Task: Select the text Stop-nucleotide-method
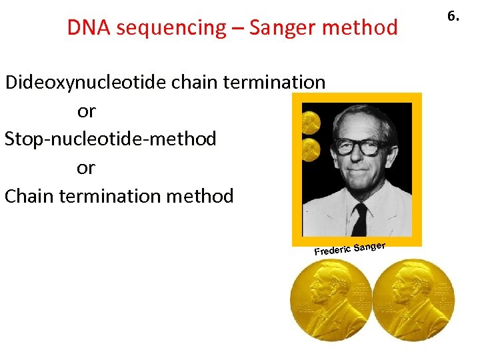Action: (x=110, y=139)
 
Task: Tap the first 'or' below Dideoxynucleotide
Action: (x=86, y=111)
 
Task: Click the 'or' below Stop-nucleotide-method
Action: (x=86, y=167)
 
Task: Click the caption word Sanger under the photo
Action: (x=370, y=247)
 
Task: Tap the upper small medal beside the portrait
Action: (x=311, y=122)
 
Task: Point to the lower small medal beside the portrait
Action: (x=311, y=151)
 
